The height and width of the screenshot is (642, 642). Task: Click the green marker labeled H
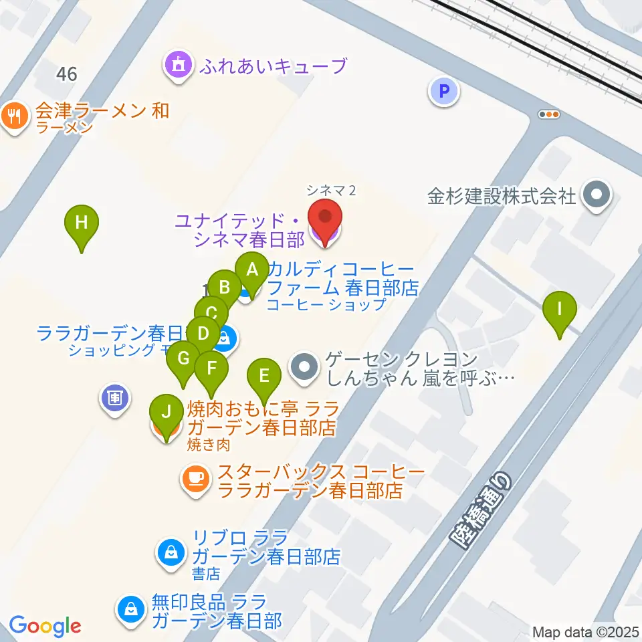click(x=81, y=223)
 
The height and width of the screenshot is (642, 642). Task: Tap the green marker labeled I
click(x=560, y=310)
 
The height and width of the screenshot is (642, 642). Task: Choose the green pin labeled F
click(x=212, y=368)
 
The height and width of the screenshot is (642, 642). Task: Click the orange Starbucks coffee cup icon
click(x=195, y=479)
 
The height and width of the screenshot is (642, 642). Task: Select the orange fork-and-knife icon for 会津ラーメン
click(x=13, y=117)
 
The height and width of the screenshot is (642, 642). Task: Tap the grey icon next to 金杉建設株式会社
click(x=593, y=197)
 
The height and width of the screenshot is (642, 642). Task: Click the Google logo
click(x=45, y=627)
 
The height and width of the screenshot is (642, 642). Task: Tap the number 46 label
click(x=66, y=74)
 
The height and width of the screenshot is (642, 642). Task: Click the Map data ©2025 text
click(x=586, y=631)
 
